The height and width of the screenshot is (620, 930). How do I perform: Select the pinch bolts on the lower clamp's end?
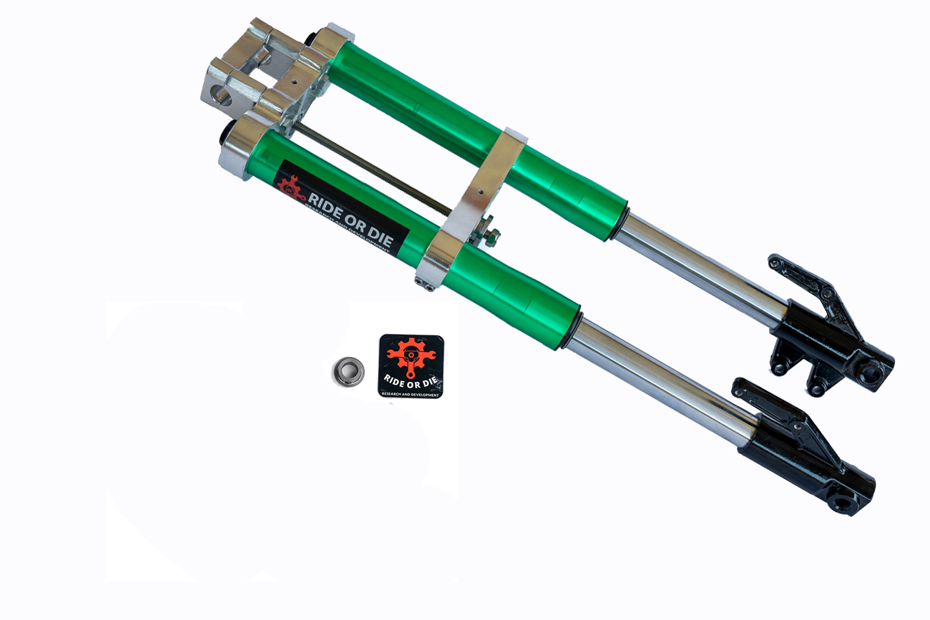pyautogui.click(x=426, y=285)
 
